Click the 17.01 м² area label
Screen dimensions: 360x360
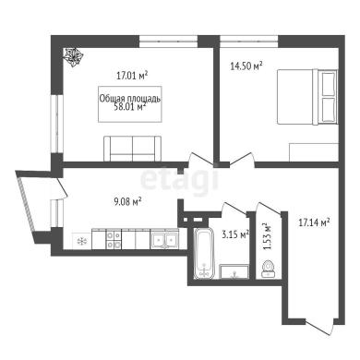tap(132, 75)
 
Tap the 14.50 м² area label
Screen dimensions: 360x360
tap(246, 66)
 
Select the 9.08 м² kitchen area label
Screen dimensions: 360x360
tap(127, 201)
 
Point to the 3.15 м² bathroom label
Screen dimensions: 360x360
tap(235, 234)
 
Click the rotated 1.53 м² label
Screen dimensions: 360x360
tap(267, 236)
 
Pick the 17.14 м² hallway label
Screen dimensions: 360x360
tap(315, 222)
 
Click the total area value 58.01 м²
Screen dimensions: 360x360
tap(129, 107)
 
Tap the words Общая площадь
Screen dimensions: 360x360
tap(130, 99)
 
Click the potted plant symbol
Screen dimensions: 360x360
tap(73, 57)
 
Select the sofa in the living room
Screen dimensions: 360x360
tap(132, 149)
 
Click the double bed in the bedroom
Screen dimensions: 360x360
tap(307, 97)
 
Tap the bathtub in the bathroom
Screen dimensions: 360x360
tap(204, 254)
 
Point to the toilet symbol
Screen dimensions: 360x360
tap(268, 269)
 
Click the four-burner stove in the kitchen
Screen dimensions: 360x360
tap(114, 239)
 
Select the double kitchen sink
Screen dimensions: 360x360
tap(164, 239)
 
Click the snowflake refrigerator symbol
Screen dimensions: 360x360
tap(82, 241)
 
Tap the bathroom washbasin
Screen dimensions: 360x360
tap(234, 271)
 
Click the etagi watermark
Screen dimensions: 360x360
tap(180, 179)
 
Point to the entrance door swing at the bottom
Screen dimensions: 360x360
tap(320, 328)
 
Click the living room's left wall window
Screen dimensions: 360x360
tap(57, 123)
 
